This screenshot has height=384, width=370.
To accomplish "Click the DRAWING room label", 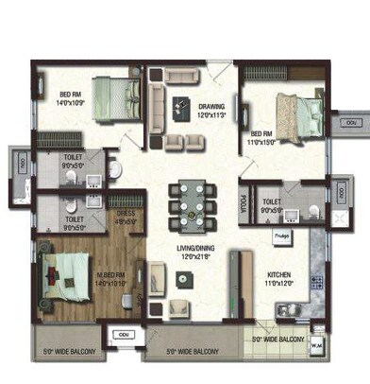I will [211, 106].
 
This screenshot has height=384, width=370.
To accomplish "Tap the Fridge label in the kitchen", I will [281, 237].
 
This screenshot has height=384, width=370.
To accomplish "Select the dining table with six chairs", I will [191, 203].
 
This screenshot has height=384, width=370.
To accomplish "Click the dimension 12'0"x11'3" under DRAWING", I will [211, 115].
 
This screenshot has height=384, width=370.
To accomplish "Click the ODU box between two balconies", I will [122, 335].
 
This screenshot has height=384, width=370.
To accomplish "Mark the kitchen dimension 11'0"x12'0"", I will [277, 284].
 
